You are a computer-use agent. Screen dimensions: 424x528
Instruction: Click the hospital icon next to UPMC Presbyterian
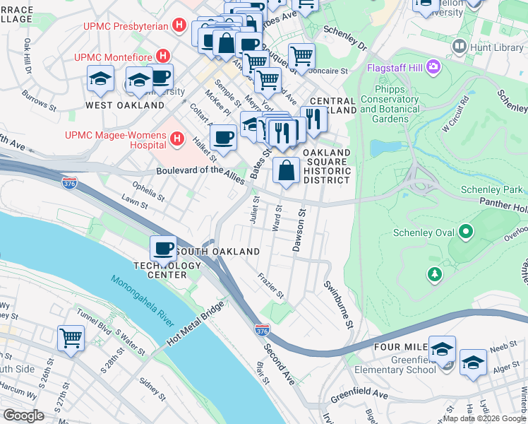[179, 26]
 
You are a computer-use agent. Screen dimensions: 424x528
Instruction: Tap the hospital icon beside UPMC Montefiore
[163, 55]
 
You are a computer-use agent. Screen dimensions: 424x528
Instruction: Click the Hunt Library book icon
[460, 47]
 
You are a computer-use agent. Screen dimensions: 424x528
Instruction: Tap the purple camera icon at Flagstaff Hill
[432, 68]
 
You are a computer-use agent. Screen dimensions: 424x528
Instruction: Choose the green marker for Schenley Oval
[465, 231]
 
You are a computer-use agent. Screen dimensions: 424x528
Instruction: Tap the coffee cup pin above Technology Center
[164, 247]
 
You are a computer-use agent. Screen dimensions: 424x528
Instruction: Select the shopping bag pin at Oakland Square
[286, 170]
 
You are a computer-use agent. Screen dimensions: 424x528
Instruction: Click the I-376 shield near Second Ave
[261, 330]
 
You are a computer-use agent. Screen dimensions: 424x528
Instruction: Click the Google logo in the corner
[23, 415]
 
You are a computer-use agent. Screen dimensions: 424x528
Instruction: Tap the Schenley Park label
[491, 189]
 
